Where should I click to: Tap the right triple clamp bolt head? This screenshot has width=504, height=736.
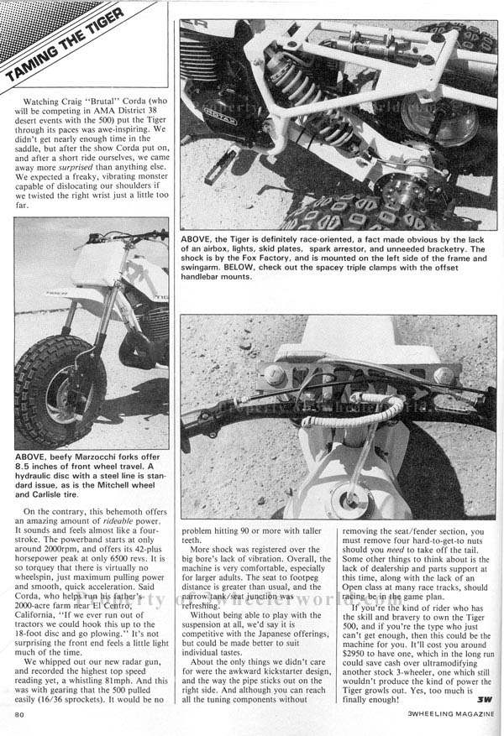pyautogui.click(x=444, y=374)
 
